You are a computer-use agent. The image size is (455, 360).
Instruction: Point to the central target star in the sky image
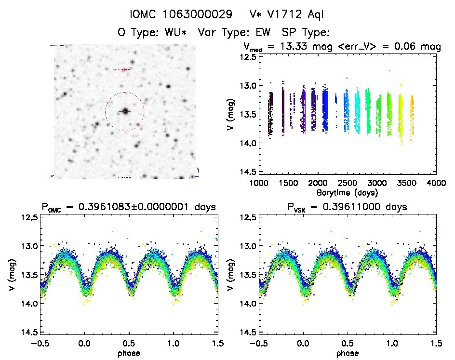point(125,111)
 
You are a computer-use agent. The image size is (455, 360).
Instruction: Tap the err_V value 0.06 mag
point(417,47)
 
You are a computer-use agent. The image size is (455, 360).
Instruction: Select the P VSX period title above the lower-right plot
point(347,207)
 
